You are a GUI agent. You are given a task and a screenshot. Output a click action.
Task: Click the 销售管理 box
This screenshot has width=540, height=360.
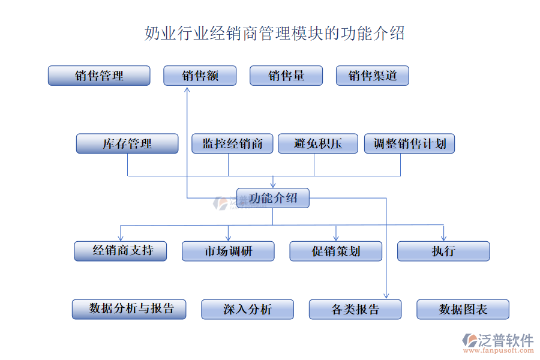(x=99, y=76)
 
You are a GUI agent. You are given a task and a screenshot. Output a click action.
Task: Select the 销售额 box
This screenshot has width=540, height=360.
(x=200, y=76)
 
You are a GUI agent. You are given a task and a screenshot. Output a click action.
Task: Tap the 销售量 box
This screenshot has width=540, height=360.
(x=286, y=76)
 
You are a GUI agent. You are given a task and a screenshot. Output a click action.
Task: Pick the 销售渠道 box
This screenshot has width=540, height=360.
(x=373, y=76)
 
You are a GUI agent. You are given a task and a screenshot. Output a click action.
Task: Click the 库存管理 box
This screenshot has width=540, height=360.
(x=127, y=143)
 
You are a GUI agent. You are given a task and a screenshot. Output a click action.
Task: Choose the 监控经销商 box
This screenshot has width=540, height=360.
(x=232, y=143)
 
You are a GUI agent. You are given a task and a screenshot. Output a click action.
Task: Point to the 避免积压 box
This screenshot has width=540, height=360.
(x=318, y=143)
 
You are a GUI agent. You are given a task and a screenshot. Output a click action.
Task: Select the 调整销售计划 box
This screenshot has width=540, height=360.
(x=410, y=143)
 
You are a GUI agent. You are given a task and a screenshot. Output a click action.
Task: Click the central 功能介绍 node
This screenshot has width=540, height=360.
(x=273, y=198)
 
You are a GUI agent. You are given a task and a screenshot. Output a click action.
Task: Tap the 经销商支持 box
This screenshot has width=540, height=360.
(x=120, y=251)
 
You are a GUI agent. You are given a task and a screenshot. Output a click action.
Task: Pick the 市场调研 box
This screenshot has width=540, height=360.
(x=228, y=251)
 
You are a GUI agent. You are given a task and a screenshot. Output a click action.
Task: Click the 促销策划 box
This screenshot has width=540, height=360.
(x=335, y=251)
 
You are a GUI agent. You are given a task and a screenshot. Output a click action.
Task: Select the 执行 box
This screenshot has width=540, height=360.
(x=443, y=251)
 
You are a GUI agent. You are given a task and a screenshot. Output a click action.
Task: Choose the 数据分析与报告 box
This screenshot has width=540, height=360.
(x=129, y=309)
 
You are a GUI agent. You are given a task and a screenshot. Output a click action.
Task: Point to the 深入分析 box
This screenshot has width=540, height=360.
(x=247, y=309)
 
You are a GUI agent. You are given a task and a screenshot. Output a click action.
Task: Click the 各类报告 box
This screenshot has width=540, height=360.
(x=355, y=309)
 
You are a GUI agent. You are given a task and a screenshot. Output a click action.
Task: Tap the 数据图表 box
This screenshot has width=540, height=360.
(x=463, y=309)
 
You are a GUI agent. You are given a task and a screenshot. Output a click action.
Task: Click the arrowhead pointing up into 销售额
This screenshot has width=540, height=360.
(x=187, y=88)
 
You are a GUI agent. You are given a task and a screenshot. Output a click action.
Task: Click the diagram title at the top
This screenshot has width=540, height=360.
(x=275, y=33)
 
